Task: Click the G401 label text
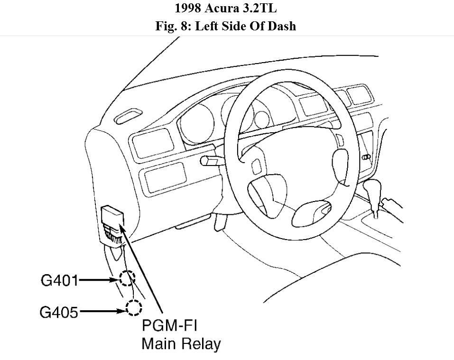(x=59, y=280)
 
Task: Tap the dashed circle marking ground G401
(x=127, y=278)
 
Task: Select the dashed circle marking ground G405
(x=134, y=309)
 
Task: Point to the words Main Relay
(x=181, y=343)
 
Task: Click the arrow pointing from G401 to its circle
(x=98, y=280)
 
